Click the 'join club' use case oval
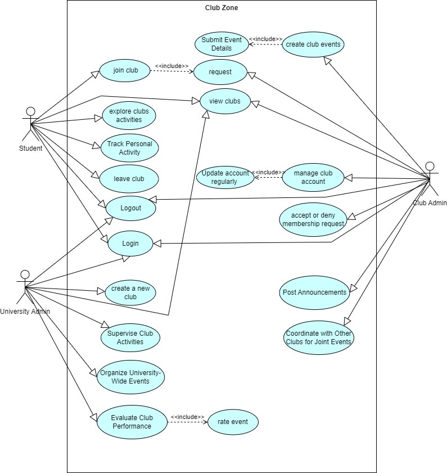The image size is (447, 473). [x=125, y=71]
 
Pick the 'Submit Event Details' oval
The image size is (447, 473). [x=222, y=44]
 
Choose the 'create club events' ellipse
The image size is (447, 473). [x=313, y=44]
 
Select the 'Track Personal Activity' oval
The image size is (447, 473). [x=129, y=148]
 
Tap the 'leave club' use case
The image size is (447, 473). [x=129, y=179]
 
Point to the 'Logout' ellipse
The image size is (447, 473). [x=130, y=208]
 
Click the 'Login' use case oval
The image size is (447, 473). [x=130, y=244]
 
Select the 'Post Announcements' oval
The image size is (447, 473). [x=314, y=292]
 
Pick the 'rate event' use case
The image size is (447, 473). [x=233, y=421]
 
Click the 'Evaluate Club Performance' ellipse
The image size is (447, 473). [x=132, y=422]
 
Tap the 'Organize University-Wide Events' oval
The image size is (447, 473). [x=130, y=377]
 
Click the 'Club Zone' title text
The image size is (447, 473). [x=222, y=8]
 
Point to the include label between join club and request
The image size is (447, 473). [x=171, y=66]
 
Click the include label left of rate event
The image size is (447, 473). [x=187, y=417]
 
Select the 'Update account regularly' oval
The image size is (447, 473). [x=224, y=177]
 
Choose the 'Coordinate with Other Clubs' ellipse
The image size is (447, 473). [x=318, y=337]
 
